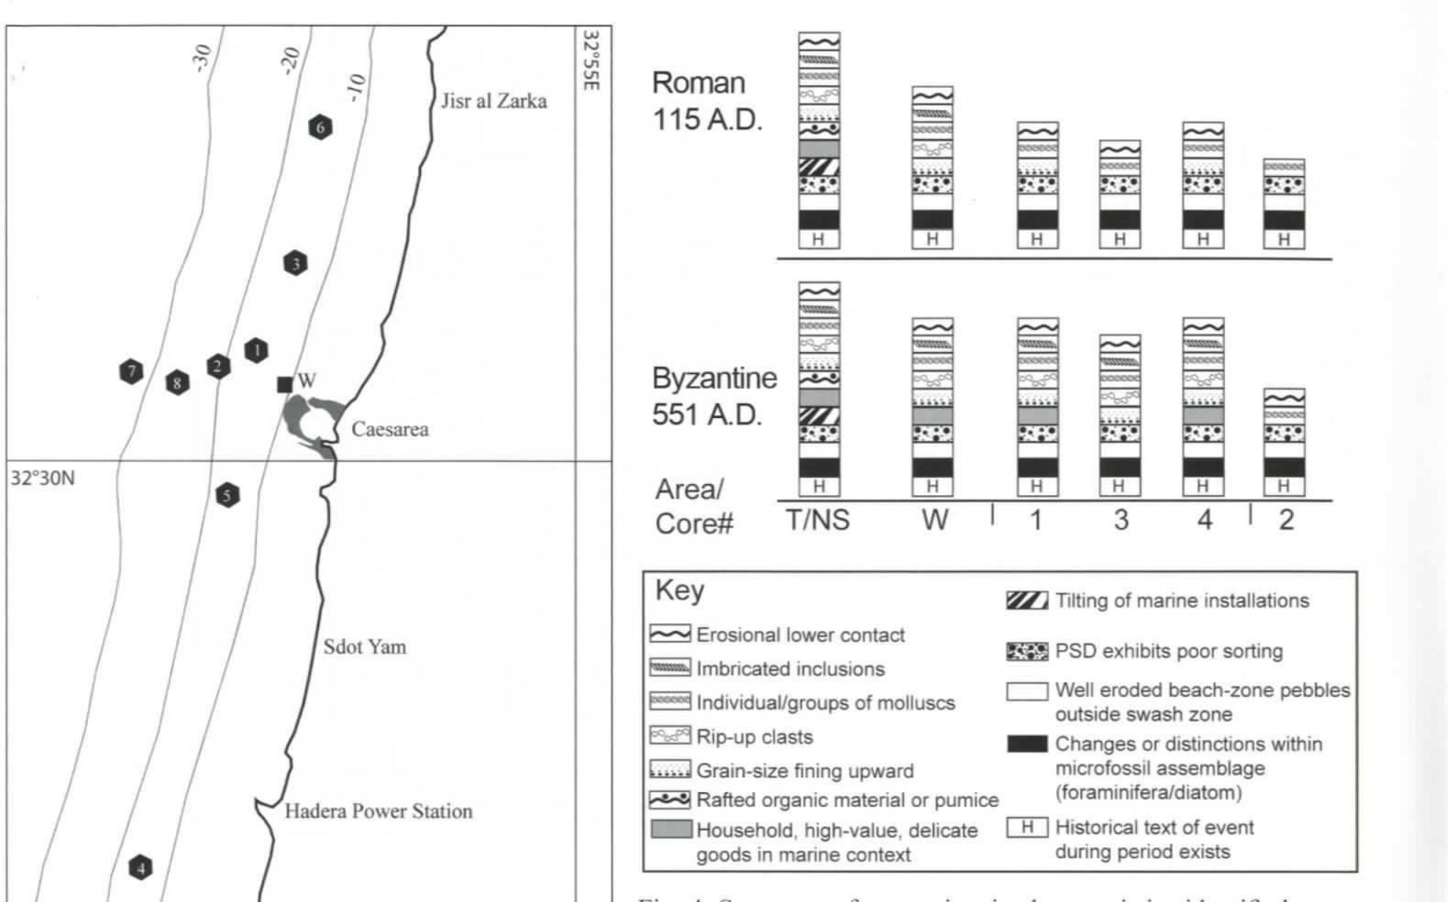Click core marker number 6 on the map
[x=320, y=128]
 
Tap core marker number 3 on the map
[x=295, y=264]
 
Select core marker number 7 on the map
[x=131, y=372]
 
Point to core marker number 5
[x=227, y=496]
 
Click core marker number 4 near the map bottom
[x=141, y=868]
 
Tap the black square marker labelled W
[x=284, y=384]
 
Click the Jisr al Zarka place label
[x=493, y=101]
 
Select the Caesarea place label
[x=389, y=430]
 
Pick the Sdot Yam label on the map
[x=364, y=647]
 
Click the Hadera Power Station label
[x=378, y=811]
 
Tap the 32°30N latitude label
[x=43, y=479]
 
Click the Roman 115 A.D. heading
[x=706, y=101]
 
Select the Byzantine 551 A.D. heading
[x=713, y=396]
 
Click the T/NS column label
[x=817, y=520]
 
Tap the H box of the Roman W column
[x=932, y=240]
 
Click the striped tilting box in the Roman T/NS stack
[x=819, y=166]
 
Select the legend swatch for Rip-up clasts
[x=669, y=736]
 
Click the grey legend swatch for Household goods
[x=671, y=829]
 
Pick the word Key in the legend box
[x=679, y=590]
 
